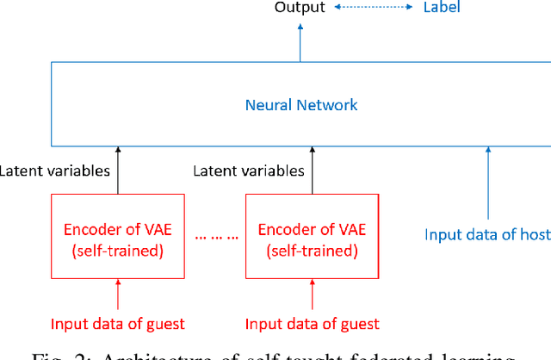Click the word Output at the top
[300, 8]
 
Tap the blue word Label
[441, 8]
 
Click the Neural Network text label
[300, 105]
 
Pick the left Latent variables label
[55, 171]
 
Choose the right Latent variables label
[249, 171]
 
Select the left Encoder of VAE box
[118, 238]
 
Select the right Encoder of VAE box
[312, 238]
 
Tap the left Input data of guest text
[118, 324]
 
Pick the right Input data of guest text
[312, 324]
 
